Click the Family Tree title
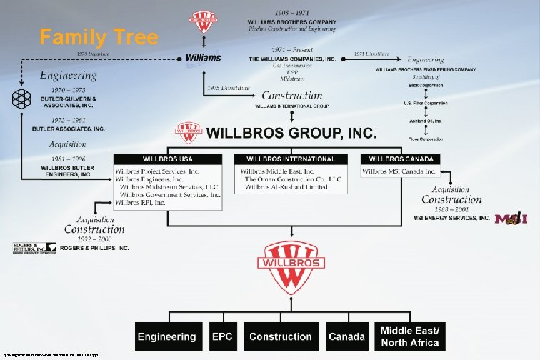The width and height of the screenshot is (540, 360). click(x=99, y=37)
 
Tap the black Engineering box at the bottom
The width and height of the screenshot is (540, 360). click(x=166, y=337)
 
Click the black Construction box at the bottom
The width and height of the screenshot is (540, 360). click(x=280, y=337)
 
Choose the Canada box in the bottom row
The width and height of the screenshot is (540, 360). click(x=347, y=337)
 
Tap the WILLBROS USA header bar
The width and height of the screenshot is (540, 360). click(x=169, y=158)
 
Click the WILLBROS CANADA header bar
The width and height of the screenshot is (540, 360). click(x=401, y=158)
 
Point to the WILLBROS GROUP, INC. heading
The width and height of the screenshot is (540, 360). click(x=291, y=134)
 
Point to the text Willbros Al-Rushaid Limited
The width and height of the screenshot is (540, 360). click(x=286, y=187)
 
